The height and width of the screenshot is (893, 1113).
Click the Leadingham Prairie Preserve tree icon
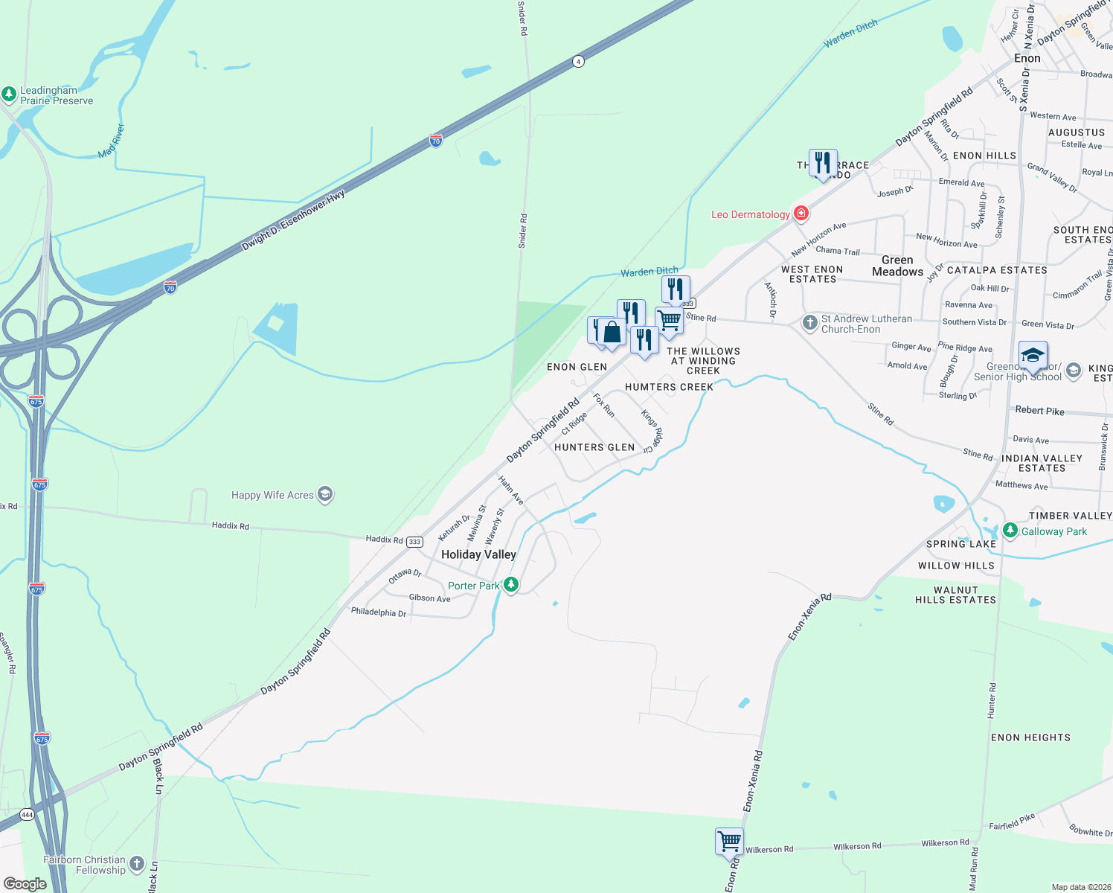click(9, 95)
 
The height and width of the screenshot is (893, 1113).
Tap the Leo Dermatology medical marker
click(801, 214)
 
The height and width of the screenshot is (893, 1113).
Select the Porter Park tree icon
click(510, 585)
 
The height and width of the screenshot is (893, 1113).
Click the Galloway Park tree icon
click(1010, 531)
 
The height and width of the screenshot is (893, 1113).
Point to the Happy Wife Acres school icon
click(324, 494)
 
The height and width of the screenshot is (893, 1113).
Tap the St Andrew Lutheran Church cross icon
click(809, 324)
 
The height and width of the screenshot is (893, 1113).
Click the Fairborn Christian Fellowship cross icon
click(137, 864)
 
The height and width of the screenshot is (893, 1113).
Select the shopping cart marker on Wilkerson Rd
click(729, 842)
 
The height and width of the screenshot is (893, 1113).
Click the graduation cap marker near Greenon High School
click(1033, 355)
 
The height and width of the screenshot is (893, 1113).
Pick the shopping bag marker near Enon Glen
click(612, 333)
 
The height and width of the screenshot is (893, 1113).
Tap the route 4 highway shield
click(578, 61)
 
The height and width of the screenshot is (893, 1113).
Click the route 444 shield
click(27, 814)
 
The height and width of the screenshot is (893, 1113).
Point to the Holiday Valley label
click(478, 554)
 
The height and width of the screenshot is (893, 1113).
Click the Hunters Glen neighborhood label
click(594, 447)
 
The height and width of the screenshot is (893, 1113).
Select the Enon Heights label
click(1030, 737)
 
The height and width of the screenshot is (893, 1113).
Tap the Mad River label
click(112, 141)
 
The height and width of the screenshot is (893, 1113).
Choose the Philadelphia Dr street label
click(379, 612)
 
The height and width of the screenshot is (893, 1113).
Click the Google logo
click(25, 884)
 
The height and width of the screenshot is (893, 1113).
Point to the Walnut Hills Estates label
click(955, 595)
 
